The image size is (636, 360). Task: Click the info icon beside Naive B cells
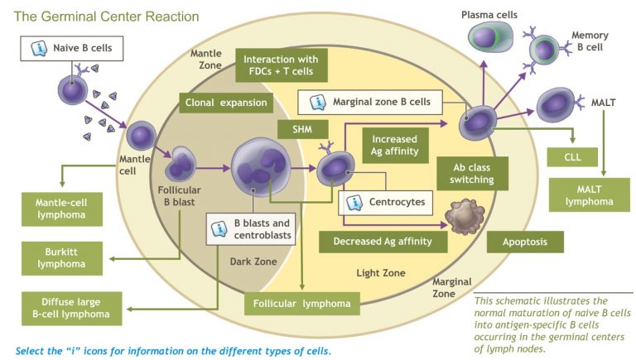[x=38, y=49]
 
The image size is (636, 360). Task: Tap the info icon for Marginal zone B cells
[x=316, y=103]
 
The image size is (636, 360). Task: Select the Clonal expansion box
[x=225, y=103]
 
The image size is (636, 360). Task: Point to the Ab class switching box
[x=466, y=173]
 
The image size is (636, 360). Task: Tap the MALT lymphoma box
[x=585, y=196]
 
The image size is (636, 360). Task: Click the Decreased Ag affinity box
[x=383, y=242]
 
